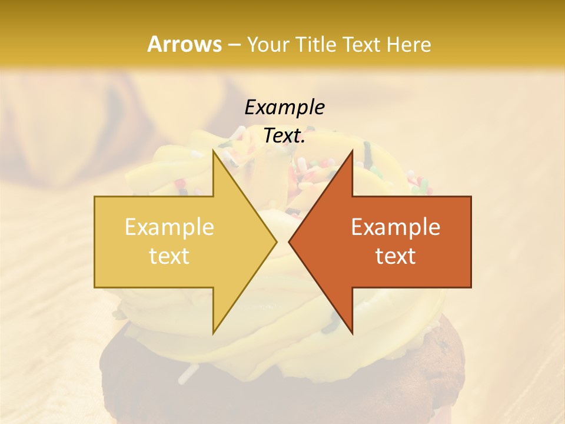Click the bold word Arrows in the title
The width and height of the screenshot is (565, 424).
point(184,44)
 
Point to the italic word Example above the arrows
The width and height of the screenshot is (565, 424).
point(284,107)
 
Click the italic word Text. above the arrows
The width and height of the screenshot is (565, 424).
point(284,135)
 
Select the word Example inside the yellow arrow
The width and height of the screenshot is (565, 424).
point(169,227)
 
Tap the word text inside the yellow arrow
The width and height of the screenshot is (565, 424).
point(169,256)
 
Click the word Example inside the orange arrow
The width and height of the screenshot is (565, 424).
point(395,227)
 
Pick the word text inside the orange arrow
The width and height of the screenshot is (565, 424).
point(395,256)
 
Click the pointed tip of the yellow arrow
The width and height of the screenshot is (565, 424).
point(276,241)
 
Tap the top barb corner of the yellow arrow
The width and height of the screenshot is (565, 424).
point(214,151)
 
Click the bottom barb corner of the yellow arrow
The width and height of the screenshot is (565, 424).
point(214,333)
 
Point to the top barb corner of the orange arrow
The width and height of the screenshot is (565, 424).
point(352,151)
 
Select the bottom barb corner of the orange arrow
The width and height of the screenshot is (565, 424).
point(352,333)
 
